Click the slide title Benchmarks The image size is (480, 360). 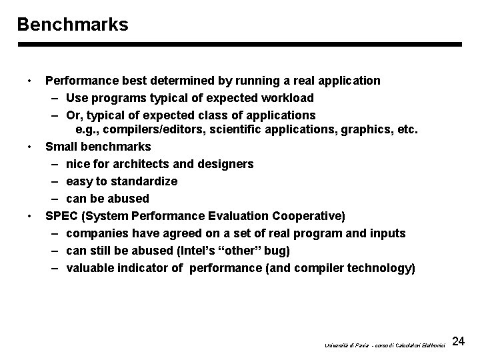[x=73, y=25]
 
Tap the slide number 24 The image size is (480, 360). [x=458, y=342]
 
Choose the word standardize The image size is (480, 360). [x=145, y=181]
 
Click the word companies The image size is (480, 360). [x=97, y=233]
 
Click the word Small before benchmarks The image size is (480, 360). [x=61, y=146]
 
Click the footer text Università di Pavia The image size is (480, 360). [x=344, y=345]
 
